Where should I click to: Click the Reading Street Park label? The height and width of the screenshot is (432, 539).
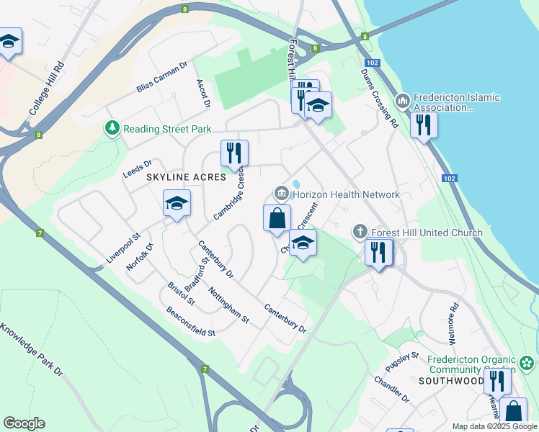coord(166,129)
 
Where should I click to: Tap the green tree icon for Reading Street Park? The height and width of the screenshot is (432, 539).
coord(112,129)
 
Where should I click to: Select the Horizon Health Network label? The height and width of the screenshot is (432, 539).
coord(345,194)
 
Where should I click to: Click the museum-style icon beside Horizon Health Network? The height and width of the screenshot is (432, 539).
coord(281,194)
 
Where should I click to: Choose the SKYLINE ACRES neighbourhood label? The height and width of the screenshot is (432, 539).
coord(187,176)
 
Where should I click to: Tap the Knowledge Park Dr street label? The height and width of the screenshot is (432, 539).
coord(32,348)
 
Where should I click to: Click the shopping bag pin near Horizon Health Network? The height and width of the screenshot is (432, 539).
coord(277,218)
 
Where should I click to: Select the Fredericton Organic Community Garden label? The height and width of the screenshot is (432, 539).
coord(472,365)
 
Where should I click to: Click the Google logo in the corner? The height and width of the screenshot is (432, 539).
coord(24,423)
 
